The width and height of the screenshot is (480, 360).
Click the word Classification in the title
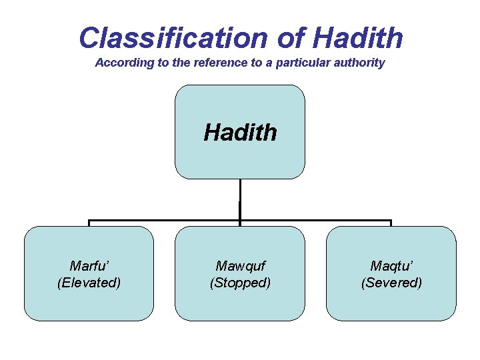point(173,38)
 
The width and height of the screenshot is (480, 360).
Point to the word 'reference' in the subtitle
point(212,63)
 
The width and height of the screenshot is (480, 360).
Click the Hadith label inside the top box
point(240,132)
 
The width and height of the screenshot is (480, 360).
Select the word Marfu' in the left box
point(89,266)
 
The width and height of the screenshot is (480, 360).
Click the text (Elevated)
point(89,283)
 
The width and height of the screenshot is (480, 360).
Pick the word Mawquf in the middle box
point(240,266)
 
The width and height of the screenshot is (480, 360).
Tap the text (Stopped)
point(240,283)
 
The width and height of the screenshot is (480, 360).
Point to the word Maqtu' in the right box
point(391,266)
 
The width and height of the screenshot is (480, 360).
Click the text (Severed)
point(391,283)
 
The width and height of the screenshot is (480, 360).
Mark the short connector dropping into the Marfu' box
point(89,223)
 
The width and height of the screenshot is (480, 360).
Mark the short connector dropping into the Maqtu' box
point(391,223)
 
